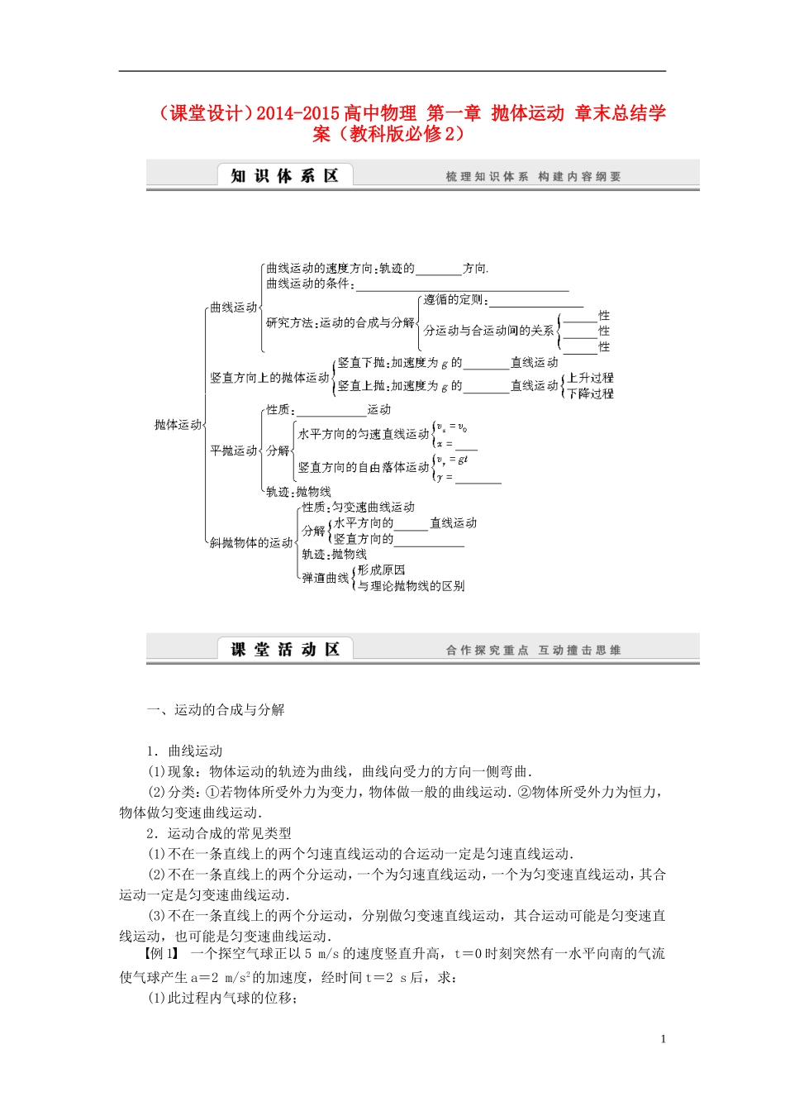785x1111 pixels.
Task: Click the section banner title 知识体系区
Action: (284, 176)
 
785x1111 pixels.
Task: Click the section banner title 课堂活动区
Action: (284, 650)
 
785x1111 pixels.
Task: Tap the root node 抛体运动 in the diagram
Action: (178, 425)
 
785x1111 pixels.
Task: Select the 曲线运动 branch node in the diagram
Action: (234, 308)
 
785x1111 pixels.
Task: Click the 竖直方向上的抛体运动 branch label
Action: (269, 378)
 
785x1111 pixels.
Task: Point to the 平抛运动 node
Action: (234, 451)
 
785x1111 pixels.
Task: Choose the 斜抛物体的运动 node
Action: (251, 543)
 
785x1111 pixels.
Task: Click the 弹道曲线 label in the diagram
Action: (325, 578)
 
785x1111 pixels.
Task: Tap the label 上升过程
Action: (590, 378)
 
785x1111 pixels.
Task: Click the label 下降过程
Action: (590, 393)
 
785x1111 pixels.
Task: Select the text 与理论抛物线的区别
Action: (411, 586)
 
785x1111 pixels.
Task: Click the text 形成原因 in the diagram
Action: (381, 570)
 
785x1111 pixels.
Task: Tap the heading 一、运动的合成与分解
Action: (216, 710)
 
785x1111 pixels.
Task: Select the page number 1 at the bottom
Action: (663, 1040)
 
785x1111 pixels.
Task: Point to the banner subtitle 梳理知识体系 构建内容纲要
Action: (533, 177)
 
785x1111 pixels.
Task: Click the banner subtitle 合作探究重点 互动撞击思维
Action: (533, 651)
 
